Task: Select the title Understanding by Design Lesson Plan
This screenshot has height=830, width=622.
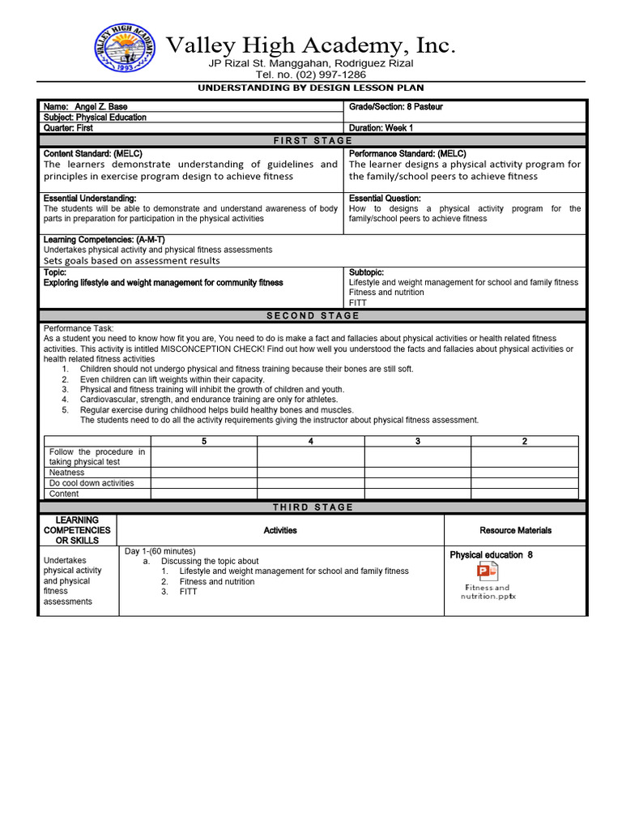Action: click(311, 88)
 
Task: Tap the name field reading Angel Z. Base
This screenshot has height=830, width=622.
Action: click(85, 107)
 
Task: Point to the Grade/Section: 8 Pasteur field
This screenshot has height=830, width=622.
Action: click(396, 107)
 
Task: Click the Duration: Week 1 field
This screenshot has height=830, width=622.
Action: click(381, 128)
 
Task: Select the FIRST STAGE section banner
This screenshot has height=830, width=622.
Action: click(312, 140)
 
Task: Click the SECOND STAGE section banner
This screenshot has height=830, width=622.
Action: click(312, 315)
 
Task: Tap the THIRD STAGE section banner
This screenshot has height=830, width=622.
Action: click(312, 507)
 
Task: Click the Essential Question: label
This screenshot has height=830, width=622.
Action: click(385, 198)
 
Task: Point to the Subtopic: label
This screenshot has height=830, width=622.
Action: click(366, 272)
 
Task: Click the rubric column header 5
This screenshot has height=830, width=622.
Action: click(204, 441)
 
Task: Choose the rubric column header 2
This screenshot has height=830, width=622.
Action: click(524, 441)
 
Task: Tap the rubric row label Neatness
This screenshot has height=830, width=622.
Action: click(67, 472)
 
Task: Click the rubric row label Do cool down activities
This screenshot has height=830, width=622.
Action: click(92, 483)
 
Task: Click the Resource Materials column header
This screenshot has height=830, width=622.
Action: click(515, 530)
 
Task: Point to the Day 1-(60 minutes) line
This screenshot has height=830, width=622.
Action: click(160, 551)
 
